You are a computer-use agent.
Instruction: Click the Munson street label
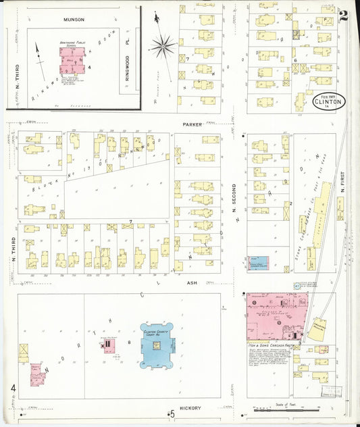74,20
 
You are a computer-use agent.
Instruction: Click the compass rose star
162,46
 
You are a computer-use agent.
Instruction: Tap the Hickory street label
190,408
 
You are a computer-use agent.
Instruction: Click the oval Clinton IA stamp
329,101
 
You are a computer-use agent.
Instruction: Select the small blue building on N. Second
257,263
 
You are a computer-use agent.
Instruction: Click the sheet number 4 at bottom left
13,388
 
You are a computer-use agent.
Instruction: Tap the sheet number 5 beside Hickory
172,413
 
